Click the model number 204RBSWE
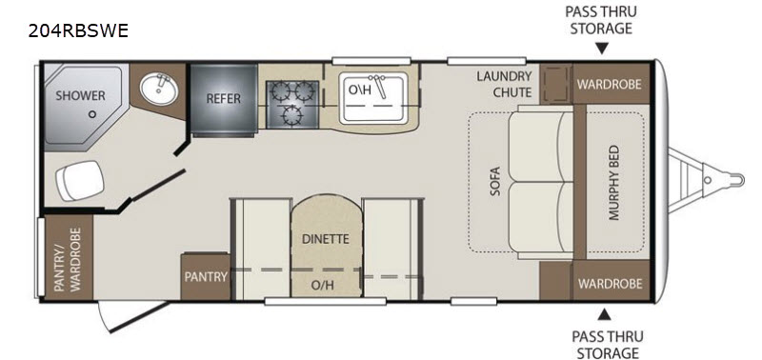point(78,30)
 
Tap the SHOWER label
point(80,95)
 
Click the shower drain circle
point(91,114)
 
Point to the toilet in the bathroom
point(80,180)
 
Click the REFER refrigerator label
point(223,99)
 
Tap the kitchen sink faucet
point(379,85)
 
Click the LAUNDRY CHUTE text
point(504,84)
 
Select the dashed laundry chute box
point(555,83)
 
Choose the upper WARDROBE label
point(609,84)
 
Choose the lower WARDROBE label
point(610,283)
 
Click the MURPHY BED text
point(614,182)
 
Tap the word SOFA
point(494,182)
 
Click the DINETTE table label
point(326,239)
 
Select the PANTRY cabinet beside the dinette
point(205,276)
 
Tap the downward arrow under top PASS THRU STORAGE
point(602,49)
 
